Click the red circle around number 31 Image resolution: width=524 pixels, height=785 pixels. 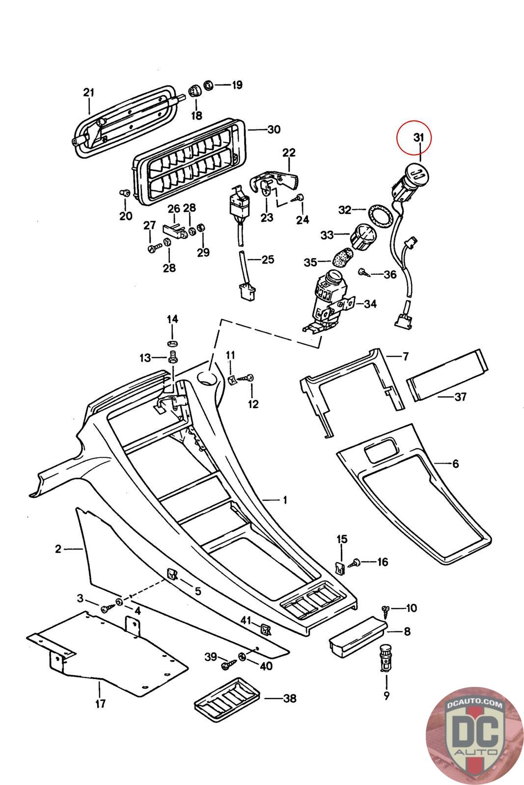414,138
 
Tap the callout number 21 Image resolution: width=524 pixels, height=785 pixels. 88,92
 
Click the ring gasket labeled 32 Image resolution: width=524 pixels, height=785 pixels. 380,214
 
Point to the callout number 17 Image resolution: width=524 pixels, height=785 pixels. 100,704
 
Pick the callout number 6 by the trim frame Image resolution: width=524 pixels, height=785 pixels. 455,463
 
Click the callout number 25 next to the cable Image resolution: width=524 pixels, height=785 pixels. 268,259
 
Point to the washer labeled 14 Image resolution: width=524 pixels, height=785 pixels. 172,341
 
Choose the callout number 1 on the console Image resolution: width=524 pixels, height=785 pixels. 284,500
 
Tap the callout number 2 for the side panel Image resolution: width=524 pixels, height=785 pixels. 58,549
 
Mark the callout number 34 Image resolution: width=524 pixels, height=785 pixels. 370,304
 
